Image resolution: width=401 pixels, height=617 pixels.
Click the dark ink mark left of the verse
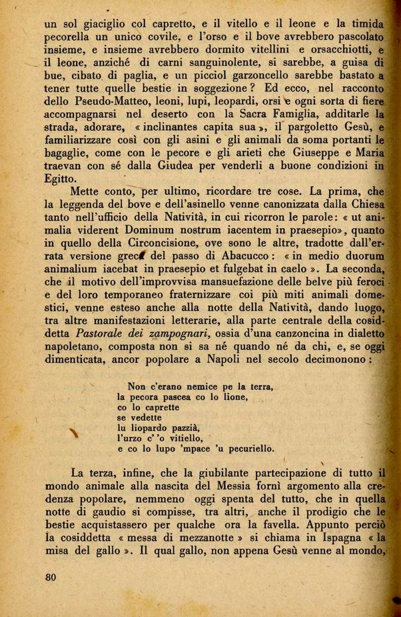point(75,433)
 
